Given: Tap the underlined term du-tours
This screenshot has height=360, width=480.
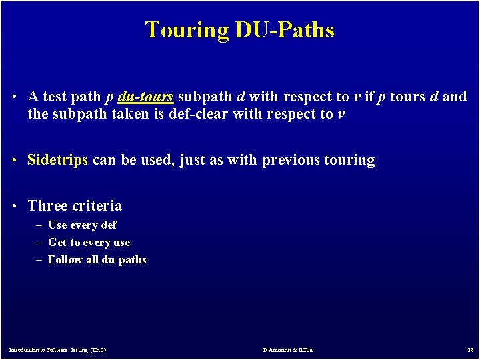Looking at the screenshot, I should pos(145,97).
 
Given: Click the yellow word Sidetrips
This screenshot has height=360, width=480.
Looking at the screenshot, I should pos(57,160).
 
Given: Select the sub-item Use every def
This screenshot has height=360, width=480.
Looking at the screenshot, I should pos(82,225).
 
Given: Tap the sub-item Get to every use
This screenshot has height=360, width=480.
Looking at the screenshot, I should pos(89,243).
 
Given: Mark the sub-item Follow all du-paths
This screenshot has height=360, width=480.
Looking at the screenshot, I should pos(97,260).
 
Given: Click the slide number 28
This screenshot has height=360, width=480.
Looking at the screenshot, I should pos(470,349).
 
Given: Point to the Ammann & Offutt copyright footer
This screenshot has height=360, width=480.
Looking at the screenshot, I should pos(287,349).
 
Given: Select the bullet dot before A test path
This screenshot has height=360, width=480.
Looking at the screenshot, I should pos(14,97).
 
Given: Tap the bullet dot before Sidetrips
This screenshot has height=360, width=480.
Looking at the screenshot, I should pos(14,161).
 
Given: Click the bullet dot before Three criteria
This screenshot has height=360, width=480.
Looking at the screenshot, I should pos(14,207).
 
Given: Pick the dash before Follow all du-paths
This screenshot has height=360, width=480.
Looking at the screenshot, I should pos(39,260).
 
